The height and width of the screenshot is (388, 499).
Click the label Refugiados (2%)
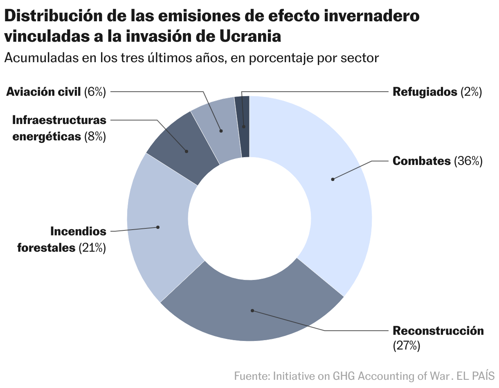click(437, 92)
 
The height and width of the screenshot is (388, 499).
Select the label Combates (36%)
click(437, 161)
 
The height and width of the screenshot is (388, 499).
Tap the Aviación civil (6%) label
click(56, 92)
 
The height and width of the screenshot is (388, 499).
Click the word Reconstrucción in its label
click(438, 330)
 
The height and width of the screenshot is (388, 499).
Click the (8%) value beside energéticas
click(95, 136)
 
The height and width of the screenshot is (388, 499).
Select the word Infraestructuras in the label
click(59, 120)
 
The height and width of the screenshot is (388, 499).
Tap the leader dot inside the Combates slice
click(333, 179)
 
